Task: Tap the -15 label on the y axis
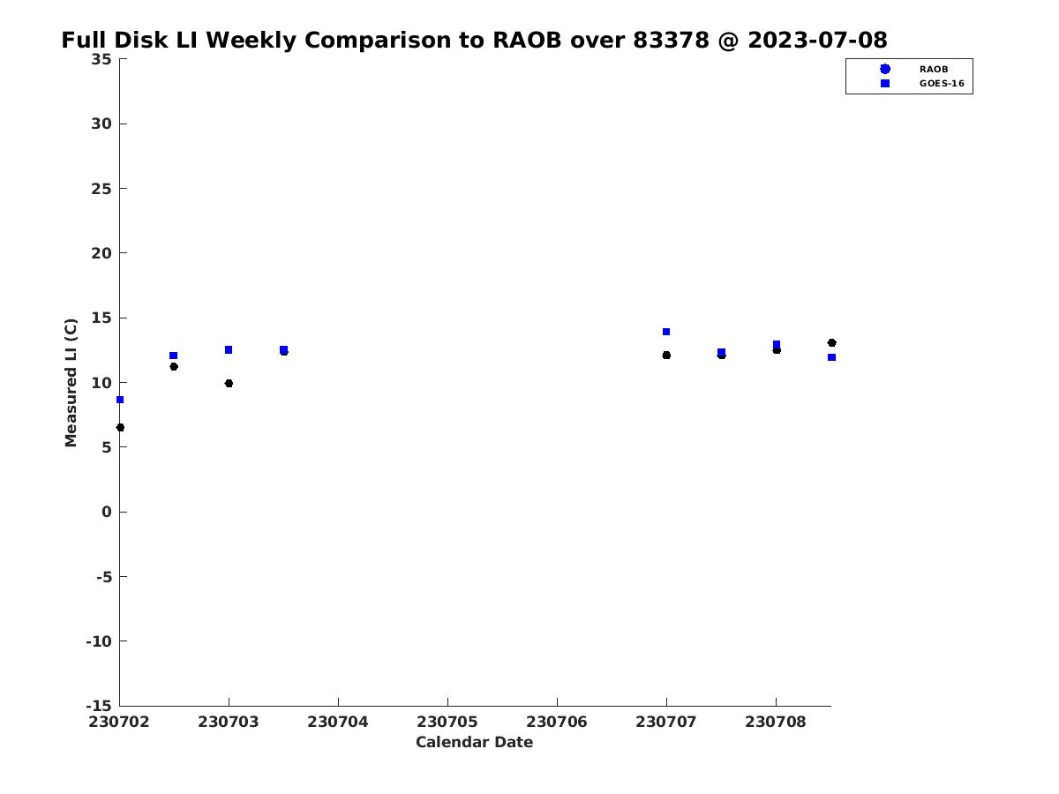pyautogui.click(x=99, y=706)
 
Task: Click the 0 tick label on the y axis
pyautogui.click(x=107, y=512)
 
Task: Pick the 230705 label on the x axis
pyautogui.click(x=447, y=722)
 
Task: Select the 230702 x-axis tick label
pyautogui.click(x=118, y=722)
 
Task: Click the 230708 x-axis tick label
pyautogui.click(x=776, y=722)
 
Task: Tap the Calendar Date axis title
pyautogui.click(x=474, y=742)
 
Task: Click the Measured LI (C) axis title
pyautogui.click(x=71, y=383)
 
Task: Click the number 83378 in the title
pyautogui.click(x=671, y=40)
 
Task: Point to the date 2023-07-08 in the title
pyautogui.click(x=817, y=40)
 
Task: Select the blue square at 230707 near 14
pyautogui.click(x=666, y=332)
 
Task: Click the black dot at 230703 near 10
pyautogui.click(x=229, y=383)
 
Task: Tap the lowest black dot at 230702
pyautogui.click(x=120, y=428)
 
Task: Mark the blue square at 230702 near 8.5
pyautogui.click(x=120, y=400)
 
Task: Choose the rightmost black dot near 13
pyautogui.click(x=832, y=343)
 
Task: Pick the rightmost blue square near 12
pyautogui.click(x=832, y=357)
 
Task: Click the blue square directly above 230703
pyautogui.click(x=229, y=349)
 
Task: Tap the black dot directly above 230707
pyautogui.click(x=666, y=356)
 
